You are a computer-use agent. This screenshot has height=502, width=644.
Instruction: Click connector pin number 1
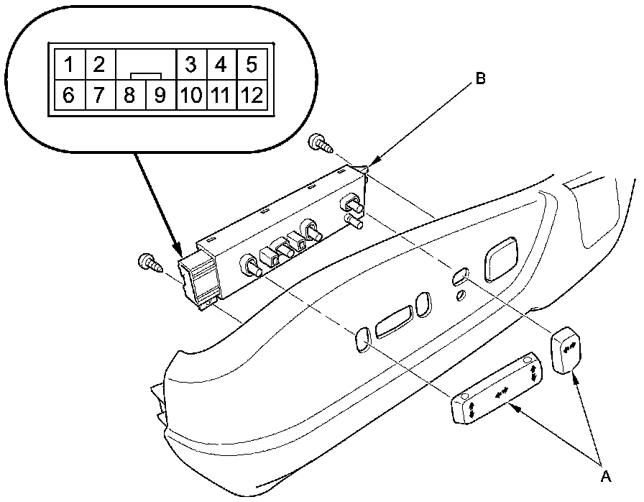68,65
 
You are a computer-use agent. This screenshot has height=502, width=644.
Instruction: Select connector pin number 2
99,65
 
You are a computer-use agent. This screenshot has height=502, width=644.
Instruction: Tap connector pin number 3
190,65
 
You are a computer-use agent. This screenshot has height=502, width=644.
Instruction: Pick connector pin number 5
251,65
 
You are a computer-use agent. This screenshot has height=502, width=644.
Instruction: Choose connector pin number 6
68,95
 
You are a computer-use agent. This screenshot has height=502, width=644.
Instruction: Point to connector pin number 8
129,95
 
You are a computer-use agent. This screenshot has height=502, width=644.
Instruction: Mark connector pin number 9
160,95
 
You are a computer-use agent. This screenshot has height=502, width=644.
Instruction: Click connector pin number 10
190,95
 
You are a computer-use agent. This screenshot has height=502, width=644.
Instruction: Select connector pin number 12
251,95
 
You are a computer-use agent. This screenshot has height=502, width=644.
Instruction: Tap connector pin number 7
99,95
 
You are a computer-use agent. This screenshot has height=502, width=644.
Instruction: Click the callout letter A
605,475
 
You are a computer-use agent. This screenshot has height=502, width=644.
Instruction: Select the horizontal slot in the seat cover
395,321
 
